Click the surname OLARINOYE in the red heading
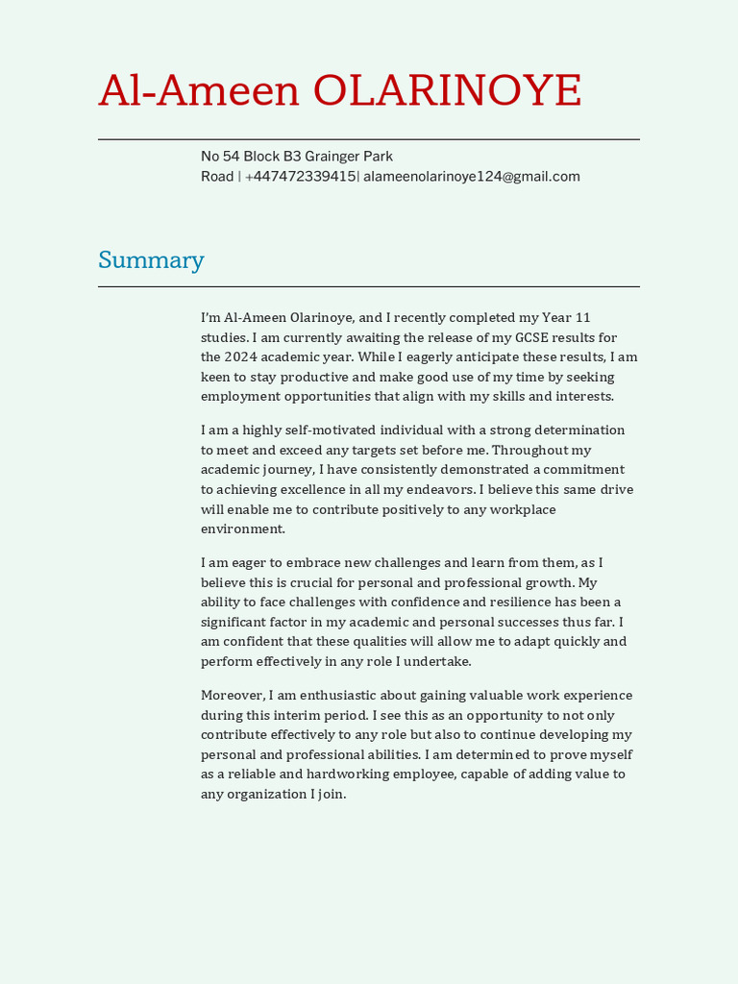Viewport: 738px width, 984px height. coord(447,91)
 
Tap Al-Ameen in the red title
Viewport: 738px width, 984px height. coord(199,91)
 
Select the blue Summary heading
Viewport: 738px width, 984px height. coord(151,260)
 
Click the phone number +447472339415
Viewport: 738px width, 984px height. coord(300,177)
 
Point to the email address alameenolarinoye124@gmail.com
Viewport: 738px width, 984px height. coord(471,177)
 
